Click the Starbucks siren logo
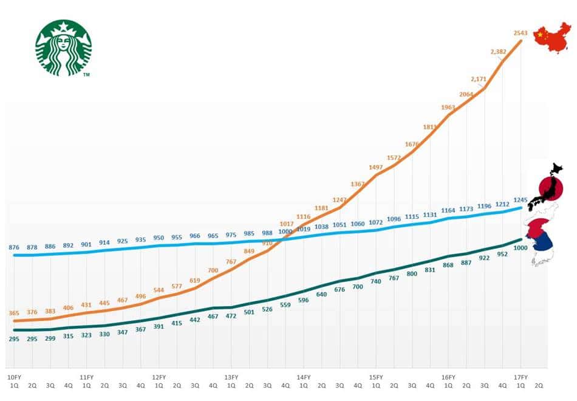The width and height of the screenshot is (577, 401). [x=63, y=47]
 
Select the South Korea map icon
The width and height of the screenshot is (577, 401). [x=541, y=240]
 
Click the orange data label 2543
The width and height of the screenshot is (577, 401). [x=521, y=33]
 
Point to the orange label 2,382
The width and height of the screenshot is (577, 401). [x=497, y=52]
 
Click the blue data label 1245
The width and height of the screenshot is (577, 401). [x=521, y=199]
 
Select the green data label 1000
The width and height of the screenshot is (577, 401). [x=521, y=248]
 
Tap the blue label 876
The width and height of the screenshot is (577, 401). [x=15, y=247]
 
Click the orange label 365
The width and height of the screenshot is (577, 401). [x=14, y=314]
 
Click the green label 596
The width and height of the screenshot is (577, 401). [x=303, y=300]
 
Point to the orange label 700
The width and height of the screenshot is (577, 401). [x=213, y=270]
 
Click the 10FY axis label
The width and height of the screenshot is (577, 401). [x=14, y=377]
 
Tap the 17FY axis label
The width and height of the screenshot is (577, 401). [x=521, y=377]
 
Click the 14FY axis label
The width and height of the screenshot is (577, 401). [x=303, y=377]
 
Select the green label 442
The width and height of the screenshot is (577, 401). [x=195, y=320]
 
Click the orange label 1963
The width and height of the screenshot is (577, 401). [x=448, y=108]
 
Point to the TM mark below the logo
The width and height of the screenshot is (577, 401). [x=86, y=75]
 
